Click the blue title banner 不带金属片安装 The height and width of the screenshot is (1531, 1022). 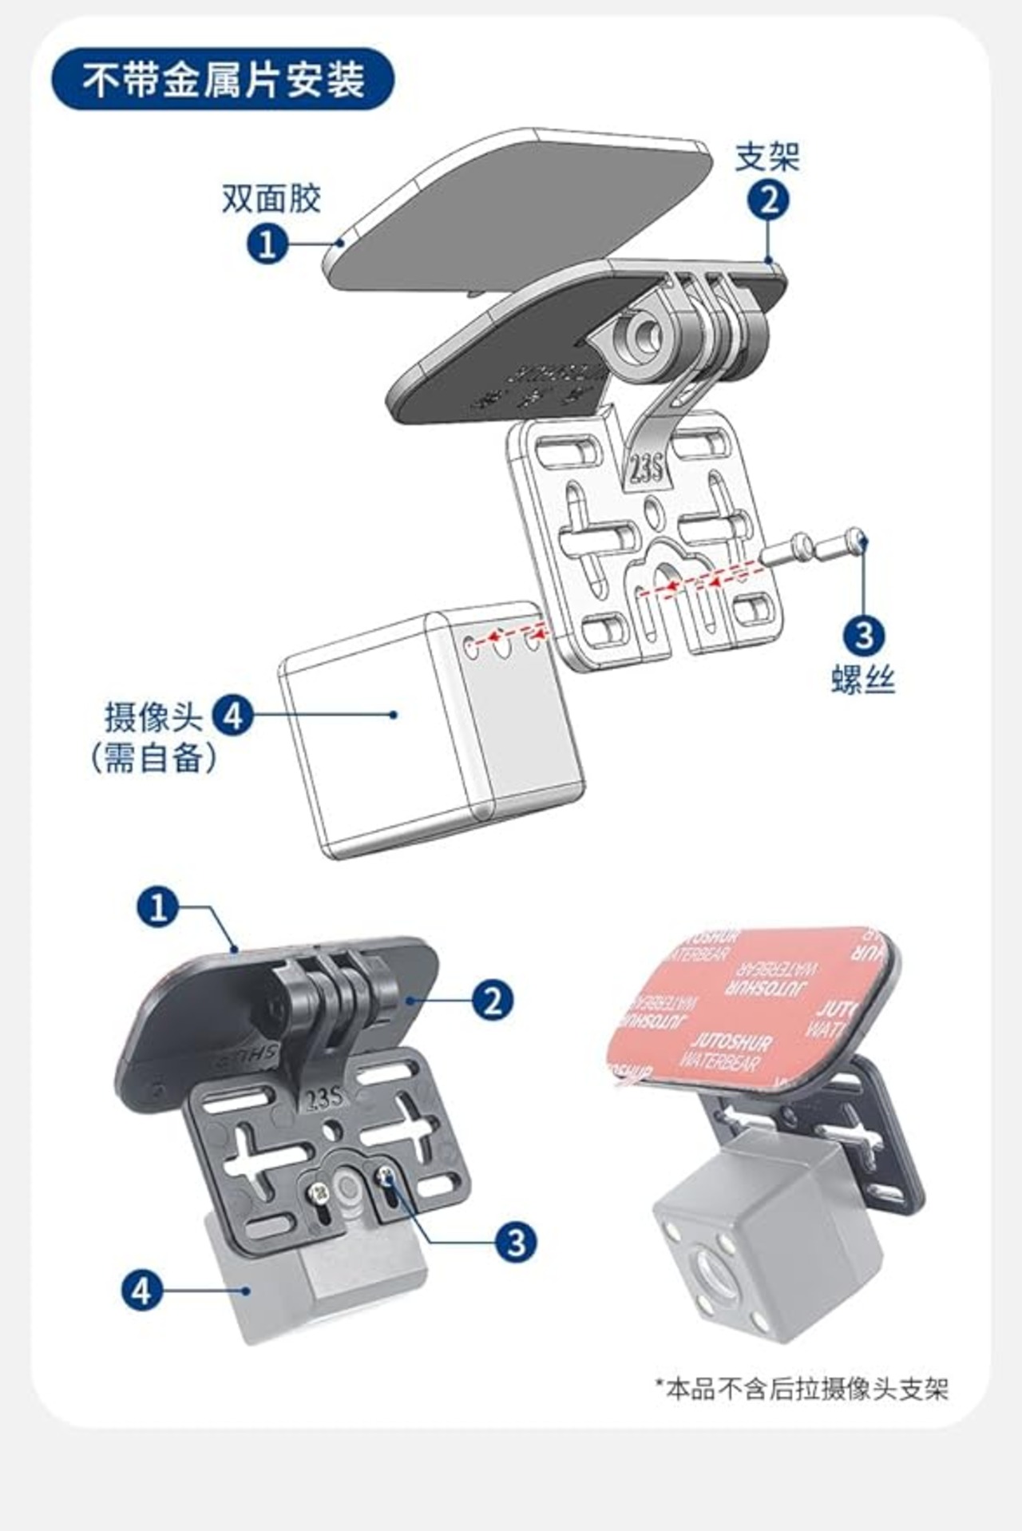(x=223, y=80)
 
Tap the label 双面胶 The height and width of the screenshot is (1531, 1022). (x=271, y=198)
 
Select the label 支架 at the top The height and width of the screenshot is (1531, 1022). (x=766, y=157)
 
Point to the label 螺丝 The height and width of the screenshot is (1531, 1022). (x=863, y=680)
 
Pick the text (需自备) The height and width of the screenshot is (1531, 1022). (x=153, y=757)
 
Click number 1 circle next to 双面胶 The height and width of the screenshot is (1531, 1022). (x=267, y=243)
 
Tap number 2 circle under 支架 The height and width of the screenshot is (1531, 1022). (x=767, y=200)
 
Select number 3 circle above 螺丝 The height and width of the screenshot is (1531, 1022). (x=864, y=637)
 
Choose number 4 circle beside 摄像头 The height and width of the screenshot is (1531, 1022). (x=232, y=716)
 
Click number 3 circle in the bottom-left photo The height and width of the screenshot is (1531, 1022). (x=516, y=1242)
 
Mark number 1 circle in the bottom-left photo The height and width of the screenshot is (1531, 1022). (x=157, y=907)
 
